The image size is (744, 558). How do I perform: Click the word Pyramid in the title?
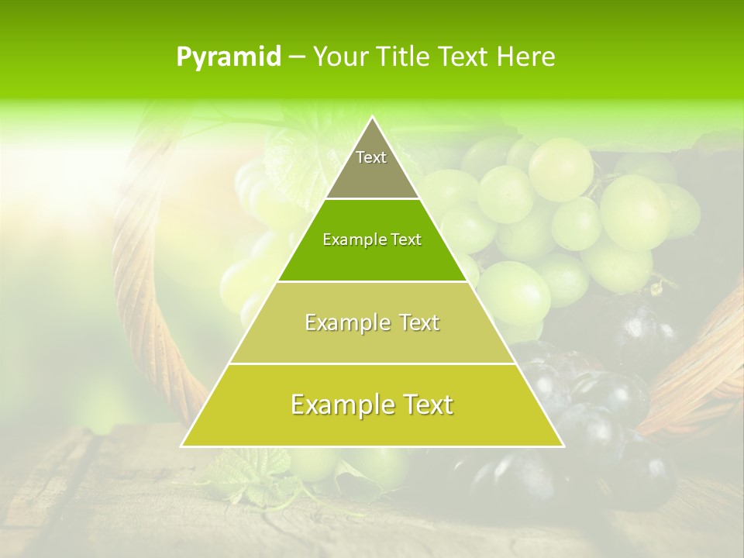(x=228, y=57)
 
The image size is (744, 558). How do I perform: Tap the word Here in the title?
(x=526, y=57)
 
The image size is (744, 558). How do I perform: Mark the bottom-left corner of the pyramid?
(x=182, y=446)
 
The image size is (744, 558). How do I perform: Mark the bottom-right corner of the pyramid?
(x=563, y=446)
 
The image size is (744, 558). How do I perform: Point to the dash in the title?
(x=297, y=57)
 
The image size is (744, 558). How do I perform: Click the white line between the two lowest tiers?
(x=372, y=363)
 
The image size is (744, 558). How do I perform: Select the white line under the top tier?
(x=372, y=198)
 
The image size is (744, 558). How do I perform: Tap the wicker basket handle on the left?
(x=147, y=310)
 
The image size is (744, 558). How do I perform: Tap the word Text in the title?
(x=464, y=57)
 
